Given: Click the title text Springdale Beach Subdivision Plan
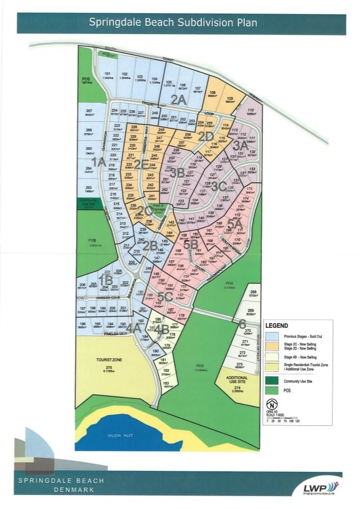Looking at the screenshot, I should pyautogui.click(x=173, y=23).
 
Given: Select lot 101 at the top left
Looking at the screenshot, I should pyautogui.click(x=107, y=76).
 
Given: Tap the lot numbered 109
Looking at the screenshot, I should pyautogui.click(x=229, y=100).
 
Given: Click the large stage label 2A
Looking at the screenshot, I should pyautogui.click(x=178, y=100).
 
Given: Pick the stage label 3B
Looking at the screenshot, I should pyautogui.click(x=177, y=172).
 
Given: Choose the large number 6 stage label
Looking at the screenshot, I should pyautogui.click(x=241, y=324).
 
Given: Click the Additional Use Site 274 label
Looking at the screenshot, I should pyautogui.click(x=237, y=383).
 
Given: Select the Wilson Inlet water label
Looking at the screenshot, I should pyautogui.click(x=121, y=435).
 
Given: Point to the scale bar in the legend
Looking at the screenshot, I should pyautogui.click(x=282, y=417).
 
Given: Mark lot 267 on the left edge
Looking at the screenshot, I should pyautogui.click(x=89, y=113).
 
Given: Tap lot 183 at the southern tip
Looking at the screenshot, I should pyautogui.click(x=166, y=385).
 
